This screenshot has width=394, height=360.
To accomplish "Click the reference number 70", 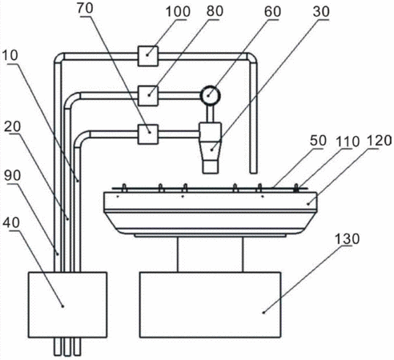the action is point(85,8).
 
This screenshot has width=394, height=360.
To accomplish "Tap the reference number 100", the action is point(178,12).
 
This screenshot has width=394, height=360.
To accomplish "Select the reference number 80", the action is point(215,11).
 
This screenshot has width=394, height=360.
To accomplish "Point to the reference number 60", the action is point(272,11).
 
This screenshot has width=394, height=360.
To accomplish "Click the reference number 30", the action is point(321,11).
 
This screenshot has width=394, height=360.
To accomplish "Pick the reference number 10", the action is point(10,55).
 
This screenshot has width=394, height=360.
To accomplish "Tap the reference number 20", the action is point(13,126).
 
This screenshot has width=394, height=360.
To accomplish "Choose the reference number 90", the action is point(13,176).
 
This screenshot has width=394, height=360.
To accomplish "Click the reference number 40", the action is point(11,223).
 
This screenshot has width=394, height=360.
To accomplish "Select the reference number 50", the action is point(318,141).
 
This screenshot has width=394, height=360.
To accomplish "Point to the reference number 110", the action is point(348,141).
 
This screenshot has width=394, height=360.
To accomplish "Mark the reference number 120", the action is point(380,141).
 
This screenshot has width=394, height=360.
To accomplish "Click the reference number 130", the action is point(348,238).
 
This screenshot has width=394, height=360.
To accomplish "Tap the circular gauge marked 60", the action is point(211,94).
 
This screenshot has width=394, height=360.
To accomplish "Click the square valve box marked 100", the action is point(148,56).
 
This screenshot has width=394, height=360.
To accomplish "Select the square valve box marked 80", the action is point(148,95).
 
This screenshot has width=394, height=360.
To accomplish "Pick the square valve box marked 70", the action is point(148,134).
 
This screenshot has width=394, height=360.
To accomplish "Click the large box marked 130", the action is point(210,305).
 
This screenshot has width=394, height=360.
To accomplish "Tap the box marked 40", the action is point(68,305).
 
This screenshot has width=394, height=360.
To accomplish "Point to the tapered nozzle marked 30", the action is point(211,148).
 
